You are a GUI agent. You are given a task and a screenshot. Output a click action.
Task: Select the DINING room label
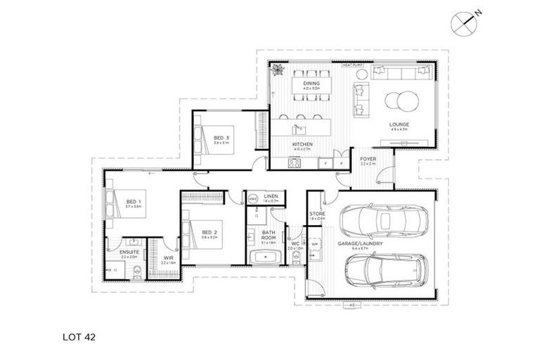click(311, 84)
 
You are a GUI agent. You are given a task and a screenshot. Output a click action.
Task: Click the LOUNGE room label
click(399, 124)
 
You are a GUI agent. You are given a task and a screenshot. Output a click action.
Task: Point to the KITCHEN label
click(302, 144)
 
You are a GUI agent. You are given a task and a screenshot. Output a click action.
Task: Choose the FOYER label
click(368, 159)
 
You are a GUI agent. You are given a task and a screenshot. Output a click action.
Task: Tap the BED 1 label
click(134, 202)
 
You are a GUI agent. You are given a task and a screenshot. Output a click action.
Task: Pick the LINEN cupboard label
click(271, 197)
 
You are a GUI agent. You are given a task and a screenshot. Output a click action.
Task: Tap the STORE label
click(318, 214)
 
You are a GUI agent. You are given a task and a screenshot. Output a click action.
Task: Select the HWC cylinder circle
click(253, 199)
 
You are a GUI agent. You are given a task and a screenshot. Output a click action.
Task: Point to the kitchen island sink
click(298, 129)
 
